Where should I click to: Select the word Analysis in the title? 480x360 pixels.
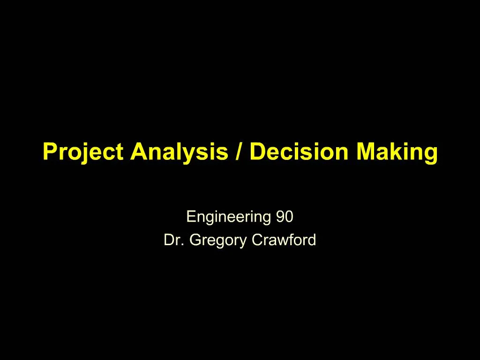[x=179, y=152]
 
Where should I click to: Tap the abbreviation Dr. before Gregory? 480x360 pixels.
[x=174, y=240]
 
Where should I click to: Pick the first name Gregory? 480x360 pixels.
[x=218, y=240]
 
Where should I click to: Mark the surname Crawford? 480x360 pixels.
[x=284, y=240]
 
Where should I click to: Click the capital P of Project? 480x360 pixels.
[x=49, y=152]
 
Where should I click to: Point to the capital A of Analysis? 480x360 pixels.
[x=139, y=152]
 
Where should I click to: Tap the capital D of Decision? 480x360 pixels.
[x=256, y=152]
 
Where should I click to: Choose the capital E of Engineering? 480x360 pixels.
[x=190, y=217]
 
